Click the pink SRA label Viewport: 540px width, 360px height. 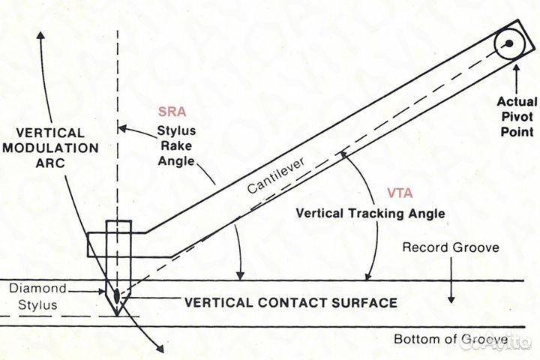click(x=172, y=112)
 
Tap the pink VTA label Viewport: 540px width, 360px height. click(x=400, y=193)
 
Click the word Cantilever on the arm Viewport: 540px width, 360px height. click(x=276, y=175)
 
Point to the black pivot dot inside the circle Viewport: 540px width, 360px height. click(x=509, y=43)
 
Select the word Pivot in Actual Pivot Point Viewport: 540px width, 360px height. click(x=517, y=116)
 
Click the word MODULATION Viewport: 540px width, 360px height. click(x=51, y=148)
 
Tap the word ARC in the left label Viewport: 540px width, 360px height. click(x=50, y=163)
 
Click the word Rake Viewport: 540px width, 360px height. click(x=176, y=145)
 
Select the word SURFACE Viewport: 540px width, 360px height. click(x=364, y=303)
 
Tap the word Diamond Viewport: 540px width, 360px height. click(x=37, y=288)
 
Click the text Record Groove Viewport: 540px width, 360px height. click(x=451, y=247)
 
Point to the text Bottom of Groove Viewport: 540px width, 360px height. click(x=451, y=339)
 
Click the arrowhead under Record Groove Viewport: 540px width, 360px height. click(x=451, y=299)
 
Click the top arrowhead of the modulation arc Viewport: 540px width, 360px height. click(x=41, y=35)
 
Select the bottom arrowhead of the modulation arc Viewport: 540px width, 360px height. click(x=160, y=349)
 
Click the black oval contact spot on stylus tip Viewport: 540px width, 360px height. click(x=117, y=295)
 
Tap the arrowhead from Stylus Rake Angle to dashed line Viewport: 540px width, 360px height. click(x=122, y=129)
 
